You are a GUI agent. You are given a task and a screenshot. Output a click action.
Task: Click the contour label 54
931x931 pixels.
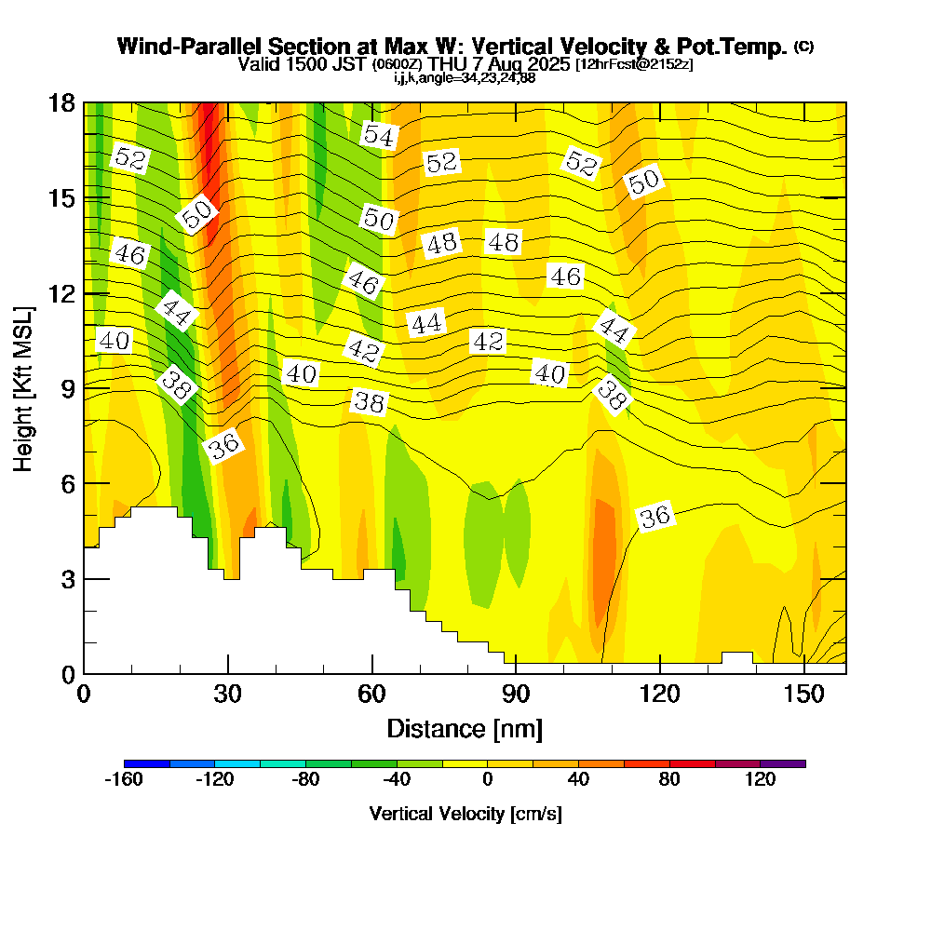(379, 135)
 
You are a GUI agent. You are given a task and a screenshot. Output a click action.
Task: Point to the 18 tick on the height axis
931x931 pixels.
(85, 102)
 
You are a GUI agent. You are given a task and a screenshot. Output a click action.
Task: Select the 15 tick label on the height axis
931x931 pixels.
(61, 197)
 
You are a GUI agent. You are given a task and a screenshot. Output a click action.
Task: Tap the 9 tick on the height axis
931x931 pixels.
(85, 387)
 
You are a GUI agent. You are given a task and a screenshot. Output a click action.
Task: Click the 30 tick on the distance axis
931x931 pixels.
(228, 672)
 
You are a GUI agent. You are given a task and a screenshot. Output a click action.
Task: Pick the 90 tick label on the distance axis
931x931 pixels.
(516, 695)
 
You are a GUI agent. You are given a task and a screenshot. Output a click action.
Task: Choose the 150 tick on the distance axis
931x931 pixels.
(803, 672)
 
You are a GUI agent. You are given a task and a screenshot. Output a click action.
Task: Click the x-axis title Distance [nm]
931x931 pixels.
(465, 728)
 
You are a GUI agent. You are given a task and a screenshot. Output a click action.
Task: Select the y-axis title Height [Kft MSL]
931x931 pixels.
(24, 387)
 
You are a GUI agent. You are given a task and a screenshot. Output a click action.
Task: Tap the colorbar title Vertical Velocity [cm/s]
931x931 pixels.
(465, 814)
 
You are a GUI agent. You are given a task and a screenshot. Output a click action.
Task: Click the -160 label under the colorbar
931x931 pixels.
(123, 780)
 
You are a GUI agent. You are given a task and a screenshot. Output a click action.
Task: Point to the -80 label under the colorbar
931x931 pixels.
(305, 780)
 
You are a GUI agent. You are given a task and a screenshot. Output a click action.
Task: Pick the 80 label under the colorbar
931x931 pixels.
(669, 780)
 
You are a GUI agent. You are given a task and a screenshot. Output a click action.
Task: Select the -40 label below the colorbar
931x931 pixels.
(397, 780)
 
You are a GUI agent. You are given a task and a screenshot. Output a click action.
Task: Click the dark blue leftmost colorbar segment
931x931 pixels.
(146, 763)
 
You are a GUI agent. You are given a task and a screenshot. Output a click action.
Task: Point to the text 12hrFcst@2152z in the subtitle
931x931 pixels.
(634, 64)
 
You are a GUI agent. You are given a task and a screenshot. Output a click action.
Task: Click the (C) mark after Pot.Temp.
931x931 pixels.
(804, 47)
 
